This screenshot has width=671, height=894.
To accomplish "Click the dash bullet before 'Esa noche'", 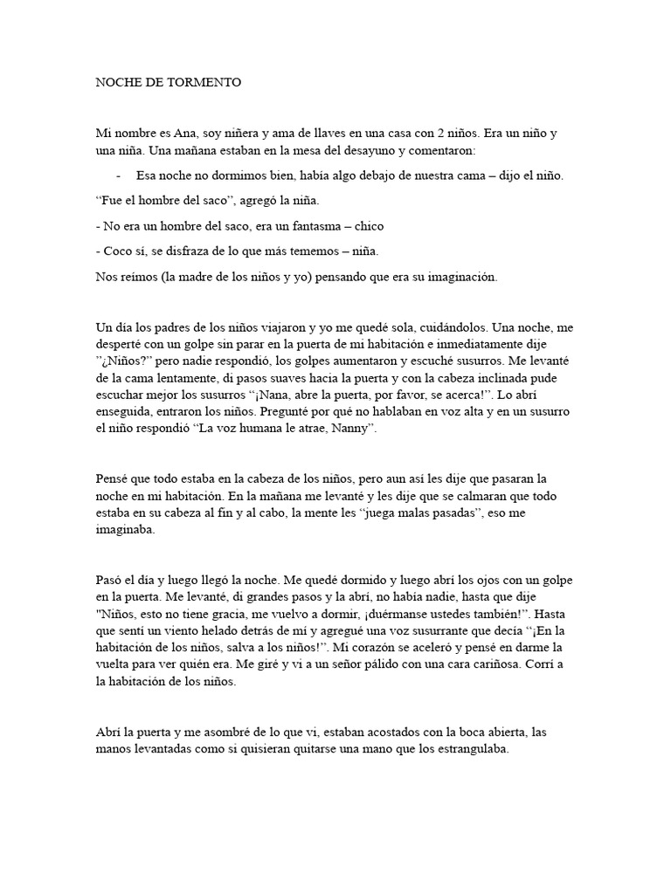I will point(118,175).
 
